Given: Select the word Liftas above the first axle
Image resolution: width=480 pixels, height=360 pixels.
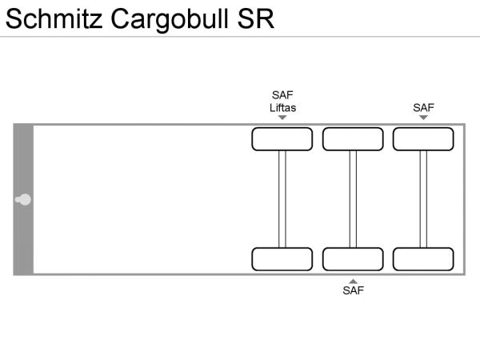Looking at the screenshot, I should [x=282, y=108].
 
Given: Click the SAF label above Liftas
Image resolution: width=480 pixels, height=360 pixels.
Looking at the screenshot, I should [x=282, y=95].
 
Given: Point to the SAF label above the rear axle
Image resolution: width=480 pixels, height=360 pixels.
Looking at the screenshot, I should [x=423, y=108].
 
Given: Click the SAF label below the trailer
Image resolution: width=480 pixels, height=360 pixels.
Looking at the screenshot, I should [x=353, y=290].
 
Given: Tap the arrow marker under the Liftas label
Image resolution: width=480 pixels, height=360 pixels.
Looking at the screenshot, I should [x=282, y=118].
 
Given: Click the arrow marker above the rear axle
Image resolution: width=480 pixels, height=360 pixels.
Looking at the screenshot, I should [x=423, y=118].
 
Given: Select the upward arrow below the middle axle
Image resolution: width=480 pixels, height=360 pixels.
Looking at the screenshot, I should [x=353, y=281].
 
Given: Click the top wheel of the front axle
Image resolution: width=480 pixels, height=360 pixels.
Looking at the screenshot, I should [x=282, y=139].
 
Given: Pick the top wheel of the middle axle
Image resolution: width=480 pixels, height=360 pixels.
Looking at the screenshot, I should [x=353, y=139].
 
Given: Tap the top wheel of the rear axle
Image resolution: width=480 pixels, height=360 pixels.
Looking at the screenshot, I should [x=423, y=139].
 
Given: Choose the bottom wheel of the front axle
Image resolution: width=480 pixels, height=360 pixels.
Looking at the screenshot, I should [x=282, y=259].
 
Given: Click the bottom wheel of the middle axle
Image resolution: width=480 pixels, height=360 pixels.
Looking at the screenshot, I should [x=353, y=259].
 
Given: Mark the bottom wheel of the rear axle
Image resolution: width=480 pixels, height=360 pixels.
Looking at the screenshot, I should [x=423, y=259].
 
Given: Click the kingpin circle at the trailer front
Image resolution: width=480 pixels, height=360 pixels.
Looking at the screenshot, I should [x=25, y=199].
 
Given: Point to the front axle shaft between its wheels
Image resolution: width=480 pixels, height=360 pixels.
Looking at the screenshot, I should [x=282, y=199].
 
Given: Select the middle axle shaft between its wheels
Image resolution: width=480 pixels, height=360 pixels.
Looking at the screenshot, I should [x=353, y=199].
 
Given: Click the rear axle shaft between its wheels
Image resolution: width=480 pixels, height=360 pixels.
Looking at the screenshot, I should [x=423, y=199].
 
